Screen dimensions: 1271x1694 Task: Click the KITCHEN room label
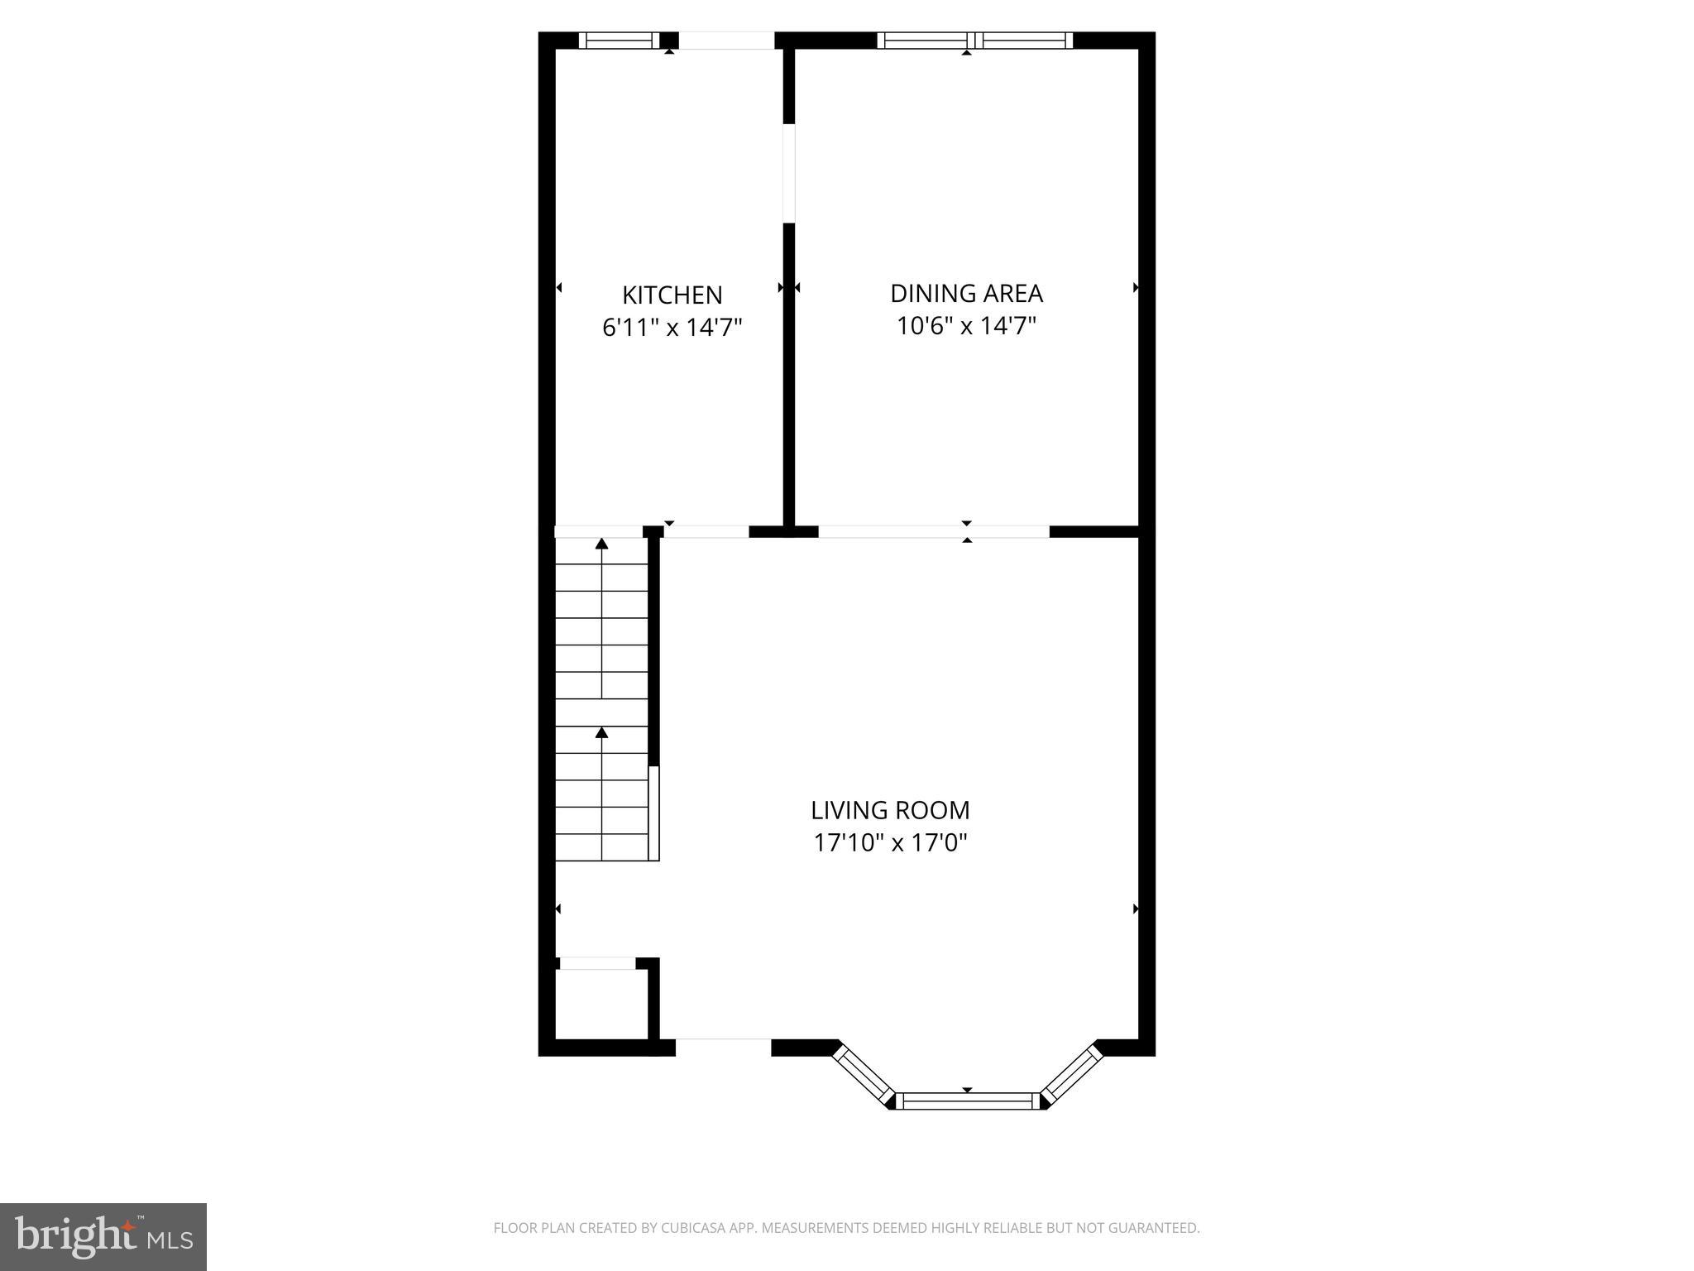tap(672, 295)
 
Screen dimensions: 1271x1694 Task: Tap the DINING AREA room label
tap(966, 293)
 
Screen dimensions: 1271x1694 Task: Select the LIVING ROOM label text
tap(890, 809)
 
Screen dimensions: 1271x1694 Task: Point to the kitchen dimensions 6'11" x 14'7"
tap(672, 328)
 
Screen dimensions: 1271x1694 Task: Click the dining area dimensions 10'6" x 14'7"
tap(966, 326)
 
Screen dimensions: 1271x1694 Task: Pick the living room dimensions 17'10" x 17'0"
tap(890, 842)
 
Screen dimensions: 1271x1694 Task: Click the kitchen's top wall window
tap(619, 41)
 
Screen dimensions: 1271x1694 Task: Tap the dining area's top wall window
tap(974, 41)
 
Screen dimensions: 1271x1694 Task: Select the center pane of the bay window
tap(968, 1101)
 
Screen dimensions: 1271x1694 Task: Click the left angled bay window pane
tap(862, 1075)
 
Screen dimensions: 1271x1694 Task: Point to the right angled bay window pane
tap(1072, 1075)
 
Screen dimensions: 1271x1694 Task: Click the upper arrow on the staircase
tap(602, 544)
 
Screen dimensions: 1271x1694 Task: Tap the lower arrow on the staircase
tap(602, 732)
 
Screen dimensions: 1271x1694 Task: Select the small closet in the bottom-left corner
tap(601, 1004)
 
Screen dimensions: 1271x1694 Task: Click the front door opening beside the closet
tap(723, 1047)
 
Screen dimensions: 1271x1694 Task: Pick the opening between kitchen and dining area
tap(789, 173)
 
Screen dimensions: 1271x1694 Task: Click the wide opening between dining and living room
tap(933, 532)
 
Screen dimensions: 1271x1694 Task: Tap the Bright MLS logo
tap(103, 1236)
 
